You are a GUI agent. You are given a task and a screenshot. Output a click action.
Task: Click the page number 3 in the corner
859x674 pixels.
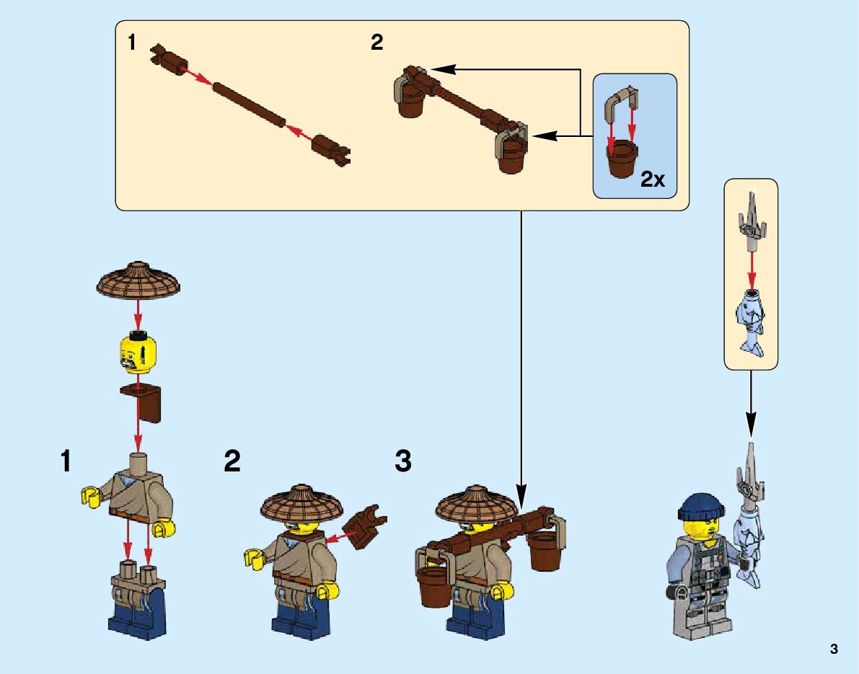point(834,649)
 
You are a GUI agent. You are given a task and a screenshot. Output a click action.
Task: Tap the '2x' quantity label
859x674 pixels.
point(653,179)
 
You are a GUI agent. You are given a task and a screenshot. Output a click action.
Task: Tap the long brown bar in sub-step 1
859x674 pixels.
point(249,105)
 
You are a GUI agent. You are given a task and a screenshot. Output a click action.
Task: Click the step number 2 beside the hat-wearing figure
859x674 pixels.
point(232,461)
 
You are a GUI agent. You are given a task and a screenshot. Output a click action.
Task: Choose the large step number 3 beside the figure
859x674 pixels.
point(403,461)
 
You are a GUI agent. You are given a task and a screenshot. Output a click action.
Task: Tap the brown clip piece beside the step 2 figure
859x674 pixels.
point(366,527)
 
